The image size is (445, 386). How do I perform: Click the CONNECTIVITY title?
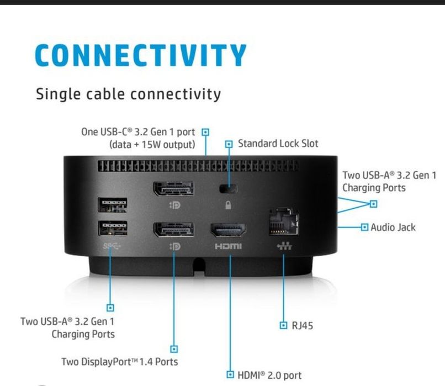pyautogui.click(x=140, y=55)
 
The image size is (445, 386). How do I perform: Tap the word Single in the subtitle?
pyautogui.click(x=58, y=94)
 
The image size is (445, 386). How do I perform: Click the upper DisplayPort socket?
pyautogui.click(x=174, y=188)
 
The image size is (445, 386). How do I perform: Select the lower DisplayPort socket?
pyautogui.click(x=174, y=229)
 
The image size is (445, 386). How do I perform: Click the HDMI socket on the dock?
pyautogui.click(x=228, y=230)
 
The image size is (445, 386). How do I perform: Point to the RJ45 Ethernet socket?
pyautogui.click(x=284, y=221)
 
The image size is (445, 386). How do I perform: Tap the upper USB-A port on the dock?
pyautogui.click(x=113, y=205)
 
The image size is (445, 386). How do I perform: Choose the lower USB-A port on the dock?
pyautogui.click(x=113, y=228)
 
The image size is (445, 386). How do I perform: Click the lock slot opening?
pyautogui.click(x=229, y=188)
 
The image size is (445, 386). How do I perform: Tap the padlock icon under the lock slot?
pyautogui.click(x=228, y=205)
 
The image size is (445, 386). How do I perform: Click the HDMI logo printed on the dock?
pyautogui.click(x=228, y=246)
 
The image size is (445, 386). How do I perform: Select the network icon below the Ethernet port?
pyautogui.click(x=284, y=246)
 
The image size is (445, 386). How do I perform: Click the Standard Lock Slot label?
pyautogui.click(x=278, y=144)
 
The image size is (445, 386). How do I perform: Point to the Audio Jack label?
pyautogui.click(x=393, y=228)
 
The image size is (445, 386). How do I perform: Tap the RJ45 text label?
pyautogui.click(x=302, y=326)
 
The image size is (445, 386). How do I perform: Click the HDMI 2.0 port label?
pyautogui.click(x=269, y=375)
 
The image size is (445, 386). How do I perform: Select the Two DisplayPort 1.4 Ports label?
pyautogui.click(x=119, y=362)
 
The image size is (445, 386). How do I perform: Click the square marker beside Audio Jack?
pyautogui.click(x=364, y=227)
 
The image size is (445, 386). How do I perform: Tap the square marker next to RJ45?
pyautogui.click(x=283, y=325)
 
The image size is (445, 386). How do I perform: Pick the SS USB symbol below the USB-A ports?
pyautogui.click(x=112, y=246)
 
